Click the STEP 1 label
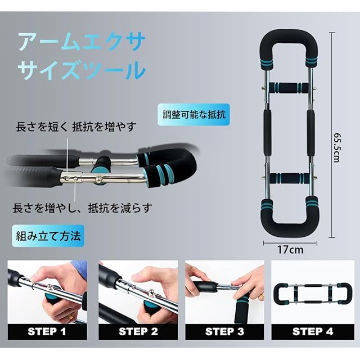pos(47,332)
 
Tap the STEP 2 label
pos(138,332)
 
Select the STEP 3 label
pos(224,332)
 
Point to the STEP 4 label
pos(313,332)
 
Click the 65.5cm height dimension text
pos(336,147)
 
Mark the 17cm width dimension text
pos(290,250)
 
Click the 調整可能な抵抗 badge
pos(193,115)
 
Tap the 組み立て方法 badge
pos(48,236)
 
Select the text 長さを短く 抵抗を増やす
pos(76,127)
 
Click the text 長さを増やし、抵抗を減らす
pos(83,208)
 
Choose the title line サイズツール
pos(82,70)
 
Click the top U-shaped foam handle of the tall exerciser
pos(289,37)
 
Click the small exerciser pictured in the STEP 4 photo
pos(313,294)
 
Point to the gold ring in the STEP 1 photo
pos(69,317)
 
